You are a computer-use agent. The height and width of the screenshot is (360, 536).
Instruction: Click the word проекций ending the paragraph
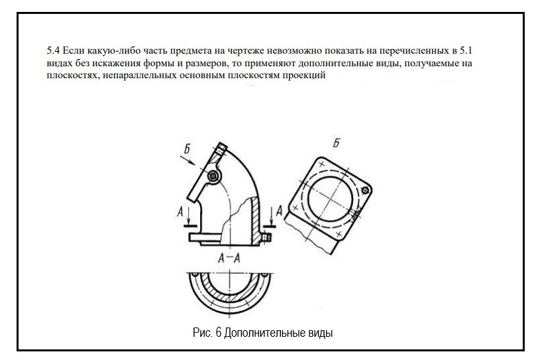[307, 76]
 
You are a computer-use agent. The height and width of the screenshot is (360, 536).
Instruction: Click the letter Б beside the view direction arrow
[188, 150]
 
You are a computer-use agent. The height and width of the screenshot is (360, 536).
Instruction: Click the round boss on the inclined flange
[213, 176]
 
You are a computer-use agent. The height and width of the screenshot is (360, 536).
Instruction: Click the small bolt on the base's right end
[268, 235]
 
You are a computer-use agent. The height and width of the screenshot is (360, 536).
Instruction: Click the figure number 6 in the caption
[219, 332]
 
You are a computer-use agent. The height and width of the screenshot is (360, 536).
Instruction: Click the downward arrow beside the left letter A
[188, 216]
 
